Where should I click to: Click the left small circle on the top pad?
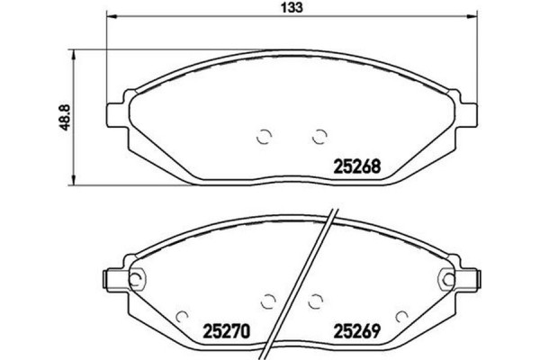pyautogui.click(x=264, y=137)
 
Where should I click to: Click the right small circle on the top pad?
pyautogui.click(x=317, y=137)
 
